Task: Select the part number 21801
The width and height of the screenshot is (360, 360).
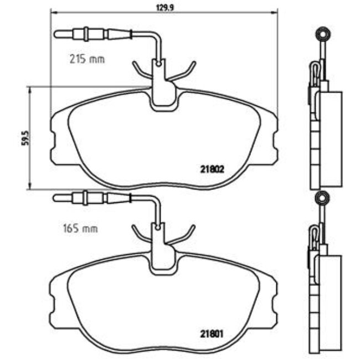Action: coord(211,334)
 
